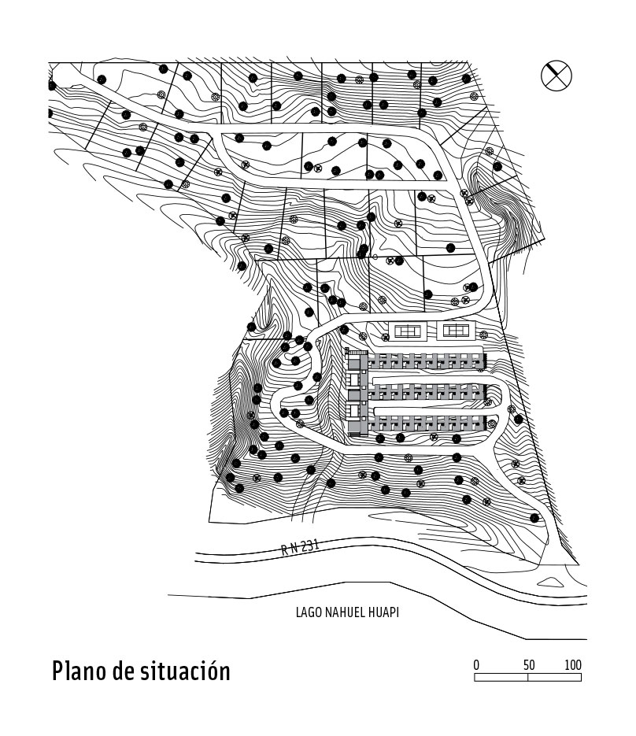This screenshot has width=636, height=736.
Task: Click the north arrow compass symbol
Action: tap(556, 76)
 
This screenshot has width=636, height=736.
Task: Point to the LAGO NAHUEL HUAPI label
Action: tap(347, 612)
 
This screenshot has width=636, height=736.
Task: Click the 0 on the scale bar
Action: tap(476, 665)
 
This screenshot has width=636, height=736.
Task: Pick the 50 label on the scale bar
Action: tap(528, 665)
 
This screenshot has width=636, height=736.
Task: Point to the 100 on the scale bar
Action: tap(573, 665)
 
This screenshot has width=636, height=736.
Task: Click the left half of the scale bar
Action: tap(501, 676)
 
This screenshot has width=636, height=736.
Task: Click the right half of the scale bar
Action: tap(554, 676)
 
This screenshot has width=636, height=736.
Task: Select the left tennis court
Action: tap(409, 330)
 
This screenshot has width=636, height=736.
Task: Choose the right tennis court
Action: tap(456, 330)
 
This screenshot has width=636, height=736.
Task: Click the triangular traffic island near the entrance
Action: tap(550, 582)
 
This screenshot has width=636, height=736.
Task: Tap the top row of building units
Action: tap(425, 362)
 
